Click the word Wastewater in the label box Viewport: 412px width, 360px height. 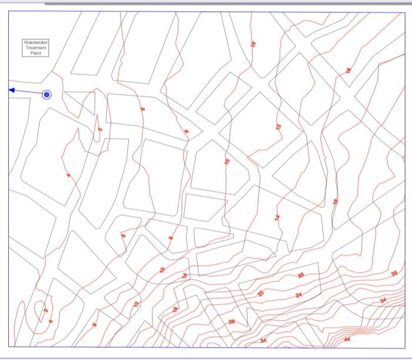[36, 42]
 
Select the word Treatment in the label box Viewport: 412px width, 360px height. [36, 48]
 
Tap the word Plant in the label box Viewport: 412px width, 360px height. [36, 52]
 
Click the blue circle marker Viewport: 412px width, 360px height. [47, 94]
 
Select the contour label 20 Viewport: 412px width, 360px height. [301, 275]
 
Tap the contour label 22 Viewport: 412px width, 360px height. [261, 293]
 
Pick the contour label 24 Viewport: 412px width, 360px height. [299, 294]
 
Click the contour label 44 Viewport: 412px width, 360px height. [347, 339]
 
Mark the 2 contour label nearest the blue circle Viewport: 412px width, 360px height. [100, 129]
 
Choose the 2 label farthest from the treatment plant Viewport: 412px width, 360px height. [46, 309]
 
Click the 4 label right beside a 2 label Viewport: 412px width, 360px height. [51, 321]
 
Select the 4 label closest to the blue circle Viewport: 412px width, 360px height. [68, 175]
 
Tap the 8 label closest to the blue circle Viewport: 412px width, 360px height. [142, 109]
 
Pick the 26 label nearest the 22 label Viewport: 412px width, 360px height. [231, 321]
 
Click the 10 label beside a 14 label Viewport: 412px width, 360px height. [162, 270]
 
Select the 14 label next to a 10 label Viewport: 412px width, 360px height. [185, 275]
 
